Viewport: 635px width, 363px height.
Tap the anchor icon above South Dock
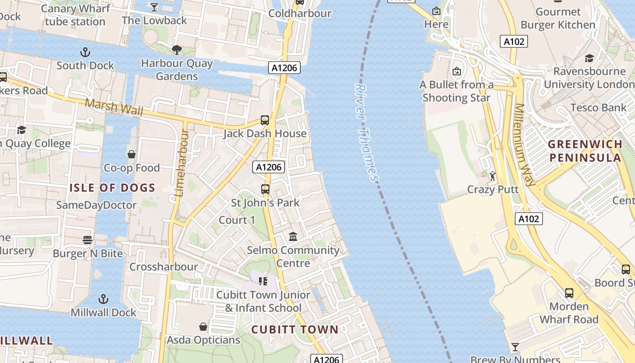coord(85,52)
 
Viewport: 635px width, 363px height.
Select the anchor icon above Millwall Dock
coord(104,299)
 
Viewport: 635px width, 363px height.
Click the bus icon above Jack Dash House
coord(265,120)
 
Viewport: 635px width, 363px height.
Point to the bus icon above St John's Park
coord(265,189)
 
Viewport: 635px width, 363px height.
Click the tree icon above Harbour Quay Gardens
coord(177,49)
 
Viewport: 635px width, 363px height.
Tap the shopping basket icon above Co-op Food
coord(132,155)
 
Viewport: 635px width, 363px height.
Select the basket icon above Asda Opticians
coord(203,327)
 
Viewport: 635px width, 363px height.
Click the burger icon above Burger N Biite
coord(88,240)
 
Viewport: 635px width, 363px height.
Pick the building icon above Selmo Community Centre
coord(293,237)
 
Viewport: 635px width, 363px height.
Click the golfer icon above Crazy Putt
coord(493,176)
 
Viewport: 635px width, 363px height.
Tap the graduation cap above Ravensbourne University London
coord(589,58)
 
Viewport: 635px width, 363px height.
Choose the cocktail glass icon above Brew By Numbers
coord(515,348)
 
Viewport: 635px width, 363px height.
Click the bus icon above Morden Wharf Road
coord(569,293)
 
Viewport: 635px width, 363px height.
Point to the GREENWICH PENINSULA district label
coord(585,151)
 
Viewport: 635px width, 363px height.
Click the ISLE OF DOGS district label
coord(112,187)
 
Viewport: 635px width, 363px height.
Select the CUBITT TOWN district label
coord(295,329)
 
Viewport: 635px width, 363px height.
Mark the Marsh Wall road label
coord(114,107)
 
